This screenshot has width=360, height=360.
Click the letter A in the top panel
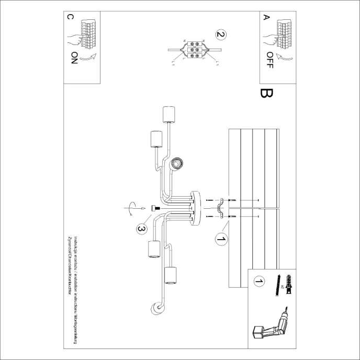tap(266, 18)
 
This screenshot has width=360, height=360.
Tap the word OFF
tap(269, 61)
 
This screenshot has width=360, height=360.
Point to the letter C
tap(71, 18)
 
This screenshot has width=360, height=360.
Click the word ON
tap(73, 58)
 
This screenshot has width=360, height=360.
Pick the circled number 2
tap(220, 35)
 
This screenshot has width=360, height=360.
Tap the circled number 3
tap(141, 229)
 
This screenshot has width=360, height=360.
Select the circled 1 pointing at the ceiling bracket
tap(221, 240)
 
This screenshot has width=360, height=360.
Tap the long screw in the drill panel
tap(276, 286)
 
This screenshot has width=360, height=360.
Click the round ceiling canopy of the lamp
tap(196, 208)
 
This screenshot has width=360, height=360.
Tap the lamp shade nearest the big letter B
tap(168, 114)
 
